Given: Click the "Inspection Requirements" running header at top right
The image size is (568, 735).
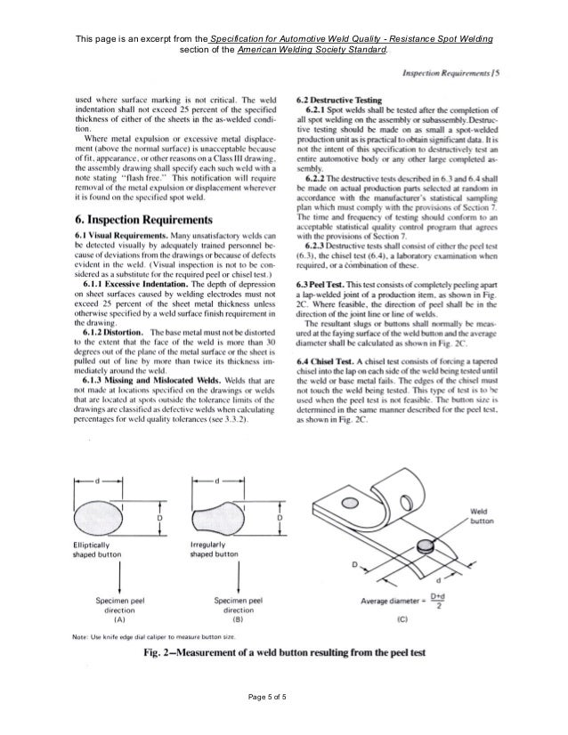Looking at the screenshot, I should click(x=450, y=70).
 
